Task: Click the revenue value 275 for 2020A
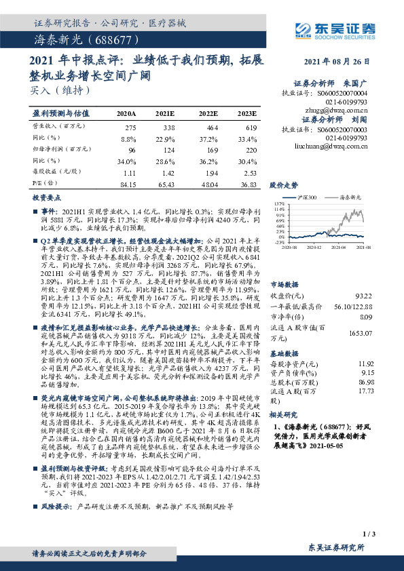point(132,127)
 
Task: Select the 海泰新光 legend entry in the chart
point(347,197)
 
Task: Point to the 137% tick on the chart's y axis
point(277,203)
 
